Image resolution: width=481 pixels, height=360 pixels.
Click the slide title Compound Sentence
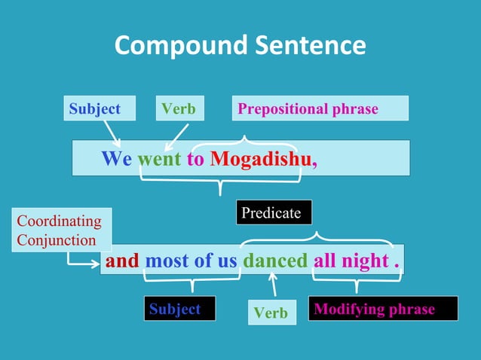click(240, 46)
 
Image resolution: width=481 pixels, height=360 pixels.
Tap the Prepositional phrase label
click(320, 108)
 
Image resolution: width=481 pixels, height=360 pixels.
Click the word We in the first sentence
click(117, 159)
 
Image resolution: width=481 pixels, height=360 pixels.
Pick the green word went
click(159, 159)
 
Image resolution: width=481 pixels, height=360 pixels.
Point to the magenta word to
click(195, 159)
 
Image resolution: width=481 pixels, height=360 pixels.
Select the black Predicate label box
click(273, 213)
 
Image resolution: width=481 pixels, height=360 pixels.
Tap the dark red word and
click(122, 261)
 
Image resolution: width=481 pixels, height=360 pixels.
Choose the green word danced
click(275, 261)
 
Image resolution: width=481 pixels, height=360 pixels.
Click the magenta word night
click(364, 261)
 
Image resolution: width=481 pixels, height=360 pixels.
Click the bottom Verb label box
click(271, 313)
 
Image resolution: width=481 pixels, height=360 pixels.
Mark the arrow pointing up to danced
click(273, 285)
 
